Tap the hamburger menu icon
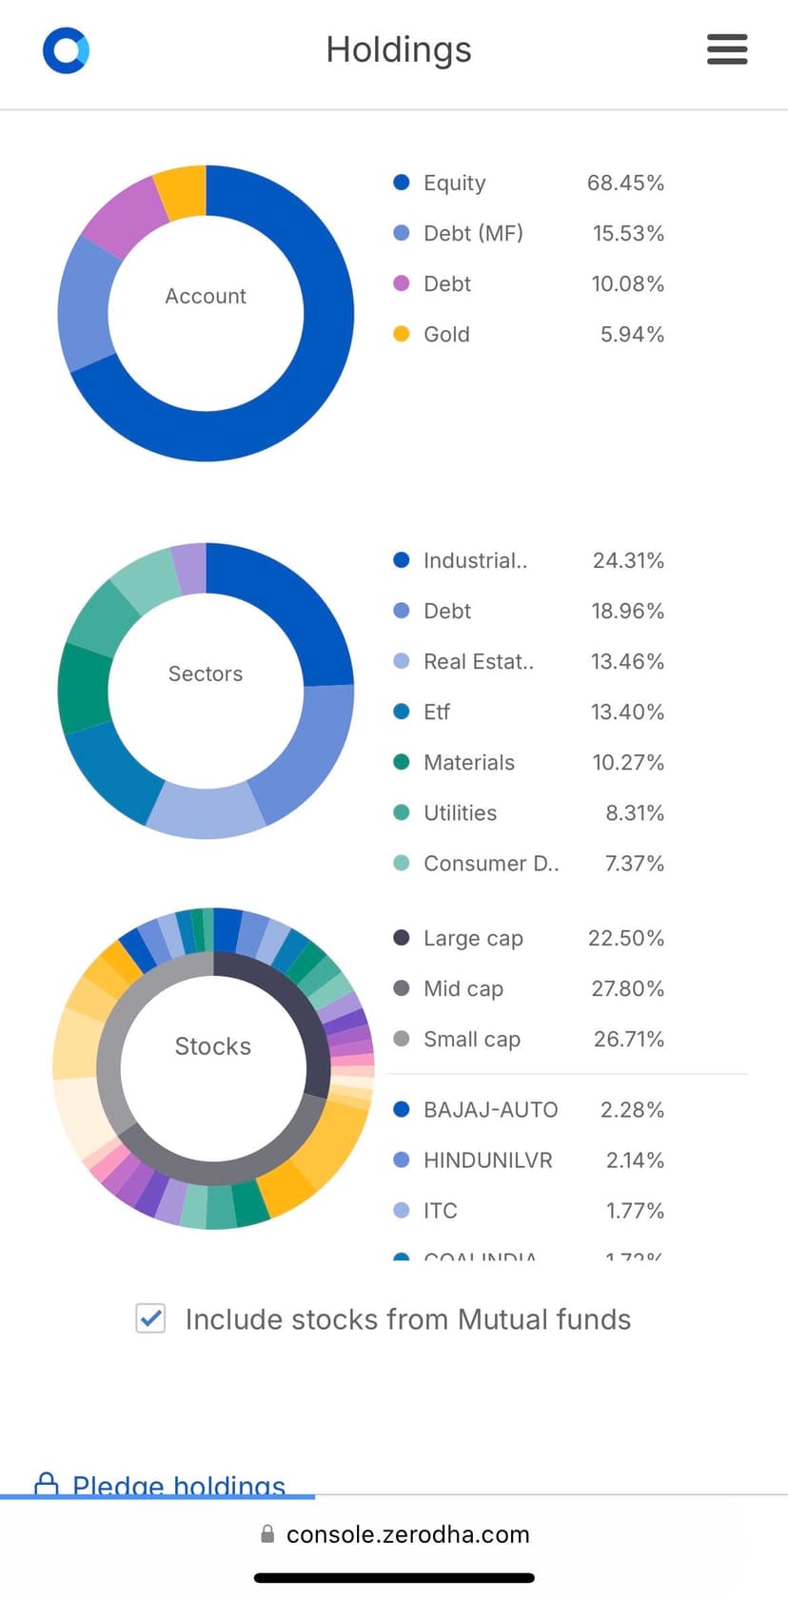click(x=727, y=49)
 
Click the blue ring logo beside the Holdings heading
click(x=66, y=49)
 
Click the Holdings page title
click(x=399, y=49)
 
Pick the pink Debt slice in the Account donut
click(x=123, y=214)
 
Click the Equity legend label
click(x=454, y=183)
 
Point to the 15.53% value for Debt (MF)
click(x=628, y=233)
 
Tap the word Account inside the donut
click(x=206, y=296)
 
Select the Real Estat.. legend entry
click(x=478, y=661)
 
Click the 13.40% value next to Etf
click(x=627, y=712)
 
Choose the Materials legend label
click(x=468, y=762)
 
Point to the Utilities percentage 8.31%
click(x=635, y=812)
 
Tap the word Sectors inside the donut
click(x=206, y=673)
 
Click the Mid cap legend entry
click(x=463, y=988)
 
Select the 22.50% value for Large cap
click(x=626, y=938)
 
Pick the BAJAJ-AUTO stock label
click(x=490, y=1109)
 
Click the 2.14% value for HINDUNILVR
click(x=635, y=1160)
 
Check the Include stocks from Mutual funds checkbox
click(x=150, y=1318)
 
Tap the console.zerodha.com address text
click(x=407, y=1534)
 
